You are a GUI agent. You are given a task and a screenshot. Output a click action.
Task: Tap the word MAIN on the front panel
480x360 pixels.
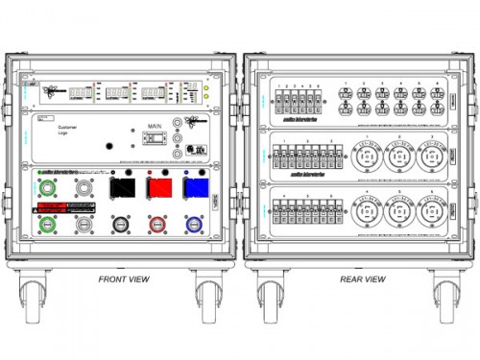(x=154, y=123)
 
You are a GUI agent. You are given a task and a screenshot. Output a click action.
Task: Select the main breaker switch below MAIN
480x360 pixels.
(x=152, y=138)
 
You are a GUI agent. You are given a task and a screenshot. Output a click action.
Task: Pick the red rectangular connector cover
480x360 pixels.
(x=158, y=185)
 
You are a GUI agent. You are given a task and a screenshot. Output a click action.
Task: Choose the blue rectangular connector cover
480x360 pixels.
(x=195, y=185)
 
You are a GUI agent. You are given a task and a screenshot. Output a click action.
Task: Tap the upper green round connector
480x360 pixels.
(x=48, y=184)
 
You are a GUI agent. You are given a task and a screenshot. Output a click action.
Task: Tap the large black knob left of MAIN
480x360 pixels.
(x=108, y=146)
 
